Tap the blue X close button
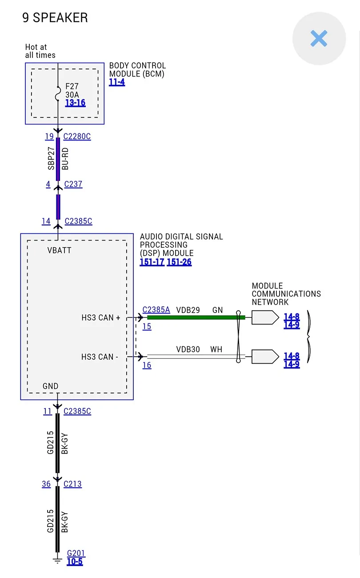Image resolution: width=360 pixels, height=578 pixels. point(319,38)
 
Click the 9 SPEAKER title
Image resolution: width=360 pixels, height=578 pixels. point(55,18)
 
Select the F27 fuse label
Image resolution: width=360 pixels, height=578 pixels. point(72,86)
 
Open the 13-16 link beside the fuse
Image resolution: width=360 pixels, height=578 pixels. point(75,103)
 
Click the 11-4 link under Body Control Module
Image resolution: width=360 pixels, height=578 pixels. point(117,82)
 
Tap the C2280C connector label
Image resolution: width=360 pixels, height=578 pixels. point(77,136)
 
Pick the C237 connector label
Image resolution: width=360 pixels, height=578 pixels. point(73,184)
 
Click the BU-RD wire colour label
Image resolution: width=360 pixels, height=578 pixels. point(65,159)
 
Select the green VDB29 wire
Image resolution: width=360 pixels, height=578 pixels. point(196,317)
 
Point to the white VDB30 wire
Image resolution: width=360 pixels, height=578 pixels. point(196,357)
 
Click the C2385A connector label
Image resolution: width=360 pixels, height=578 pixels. point(156,309)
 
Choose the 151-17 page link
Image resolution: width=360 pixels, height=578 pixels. point(152,262)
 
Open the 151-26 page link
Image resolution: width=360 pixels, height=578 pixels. point(179,262)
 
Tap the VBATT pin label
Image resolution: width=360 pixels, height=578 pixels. point(59,250)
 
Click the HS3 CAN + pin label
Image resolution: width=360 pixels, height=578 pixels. point(101,317)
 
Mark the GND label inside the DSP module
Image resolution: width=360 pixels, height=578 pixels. point(50,386)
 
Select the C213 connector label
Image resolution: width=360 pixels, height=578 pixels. point(72,484)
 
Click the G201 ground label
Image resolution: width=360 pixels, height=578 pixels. point(76,553)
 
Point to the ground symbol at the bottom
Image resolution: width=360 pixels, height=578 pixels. point(57,561)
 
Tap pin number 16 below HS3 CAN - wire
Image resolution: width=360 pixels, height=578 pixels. point(147,365)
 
